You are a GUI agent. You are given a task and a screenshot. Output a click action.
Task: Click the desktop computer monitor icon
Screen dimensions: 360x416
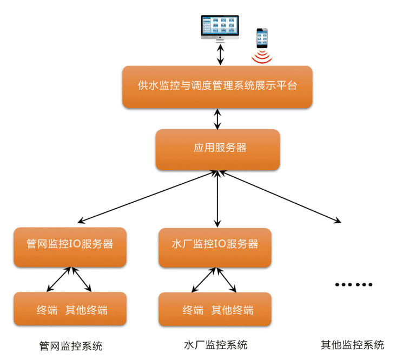coord(220,28)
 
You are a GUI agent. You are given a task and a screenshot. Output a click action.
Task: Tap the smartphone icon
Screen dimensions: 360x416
coord(262,38)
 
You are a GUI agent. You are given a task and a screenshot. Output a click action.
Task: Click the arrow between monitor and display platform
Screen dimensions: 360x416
coord(220,54)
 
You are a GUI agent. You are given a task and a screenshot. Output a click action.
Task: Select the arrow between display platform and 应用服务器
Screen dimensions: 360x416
coord(217,119)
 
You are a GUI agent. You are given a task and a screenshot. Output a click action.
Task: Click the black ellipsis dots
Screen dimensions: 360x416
coord(354,284)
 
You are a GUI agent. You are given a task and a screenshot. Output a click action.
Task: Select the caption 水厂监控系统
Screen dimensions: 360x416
coord(215,345)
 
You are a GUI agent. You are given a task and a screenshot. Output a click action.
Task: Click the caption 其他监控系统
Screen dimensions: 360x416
coord(352,345)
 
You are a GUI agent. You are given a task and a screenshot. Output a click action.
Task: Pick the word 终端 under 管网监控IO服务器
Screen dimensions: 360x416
coord(47,310)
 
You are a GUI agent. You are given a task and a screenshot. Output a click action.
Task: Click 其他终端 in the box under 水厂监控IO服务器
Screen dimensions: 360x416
coord(232,310)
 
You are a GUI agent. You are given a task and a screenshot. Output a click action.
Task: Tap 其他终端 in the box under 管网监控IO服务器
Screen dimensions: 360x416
coord(87,310)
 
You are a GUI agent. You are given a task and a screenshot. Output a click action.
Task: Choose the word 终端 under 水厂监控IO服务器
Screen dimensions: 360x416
coord(193,310)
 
